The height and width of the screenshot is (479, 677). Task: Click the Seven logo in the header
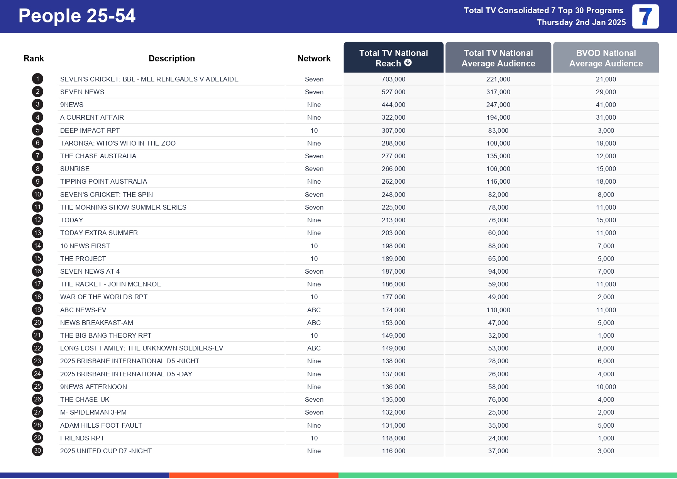645,17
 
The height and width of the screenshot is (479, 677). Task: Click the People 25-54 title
77,16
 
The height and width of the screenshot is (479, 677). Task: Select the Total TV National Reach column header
393,58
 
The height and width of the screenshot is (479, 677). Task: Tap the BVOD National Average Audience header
606,58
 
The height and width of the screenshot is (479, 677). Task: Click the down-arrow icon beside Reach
408,63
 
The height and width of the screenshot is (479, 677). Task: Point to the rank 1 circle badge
37,79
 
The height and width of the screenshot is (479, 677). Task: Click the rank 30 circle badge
37,451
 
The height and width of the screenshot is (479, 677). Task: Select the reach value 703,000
393,79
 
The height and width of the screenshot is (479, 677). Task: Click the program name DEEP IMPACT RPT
90,130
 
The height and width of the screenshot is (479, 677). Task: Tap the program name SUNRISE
75,169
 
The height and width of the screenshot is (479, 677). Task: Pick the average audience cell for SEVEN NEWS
498,92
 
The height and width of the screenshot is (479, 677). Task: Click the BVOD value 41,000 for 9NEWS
606,105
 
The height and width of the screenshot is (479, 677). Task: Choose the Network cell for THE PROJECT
314,259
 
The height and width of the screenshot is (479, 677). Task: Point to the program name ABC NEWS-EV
83,310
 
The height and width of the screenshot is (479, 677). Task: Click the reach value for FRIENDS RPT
393,438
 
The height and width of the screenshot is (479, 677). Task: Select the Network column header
314,58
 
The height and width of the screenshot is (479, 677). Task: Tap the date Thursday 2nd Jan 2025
581,22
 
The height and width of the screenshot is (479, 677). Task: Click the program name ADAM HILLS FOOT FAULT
101,425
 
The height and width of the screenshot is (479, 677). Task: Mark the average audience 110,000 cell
498,310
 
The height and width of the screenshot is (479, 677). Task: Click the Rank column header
34,58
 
